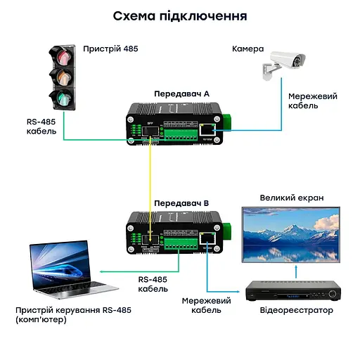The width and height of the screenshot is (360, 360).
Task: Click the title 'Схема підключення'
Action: point(180,15)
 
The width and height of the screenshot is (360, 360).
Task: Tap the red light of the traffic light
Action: point(62,56)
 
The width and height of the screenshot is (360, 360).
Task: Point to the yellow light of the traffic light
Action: point(62,77)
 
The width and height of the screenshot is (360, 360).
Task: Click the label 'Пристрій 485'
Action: point(110,49)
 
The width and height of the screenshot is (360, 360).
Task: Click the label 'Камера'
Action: point(247,49)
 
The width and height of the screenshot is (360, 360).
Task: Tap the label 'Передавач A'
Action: point(182,93)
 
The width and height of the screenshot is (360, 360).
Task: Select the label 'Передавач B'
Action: point(182,204)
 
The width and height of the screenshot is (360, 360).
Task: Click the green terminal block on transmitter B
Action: point(179,243)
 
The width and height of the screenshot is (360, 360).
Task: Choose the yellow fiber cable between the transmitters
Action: point(150,183)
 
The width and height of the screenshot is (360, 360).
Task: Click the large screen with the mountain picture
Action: point(291,235)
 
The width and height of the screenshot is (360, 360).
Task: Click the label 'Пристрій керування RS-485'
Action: point(73,310)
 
